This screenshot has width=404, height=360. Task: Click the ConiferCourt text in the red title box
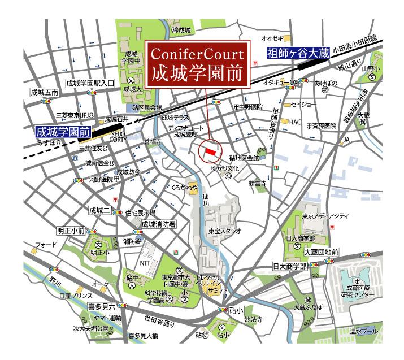[x=197, y=54]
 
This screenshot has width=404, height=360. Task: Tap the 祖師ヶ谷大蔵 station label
[x=296, y=54]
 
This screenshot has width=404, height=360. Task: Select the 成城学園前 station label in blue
[x=63, y=133]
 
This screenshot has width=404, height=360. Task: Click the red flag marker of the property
[x=210, y=150]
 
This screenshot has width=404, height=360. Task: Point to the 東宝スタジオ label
[x=224, y=231]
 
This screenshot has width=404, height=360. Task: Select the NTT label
[x=145, y=263]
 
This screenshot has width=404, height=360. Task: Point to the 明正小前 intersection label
[x=71, y=231]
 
